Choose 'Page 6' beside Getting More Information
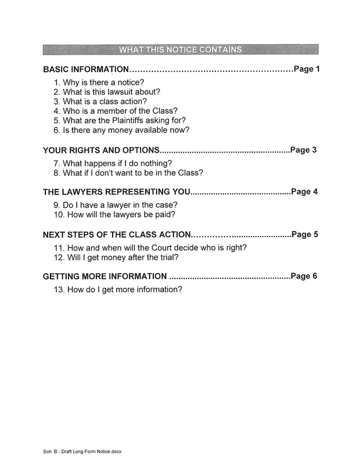[x=305, y=277]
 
